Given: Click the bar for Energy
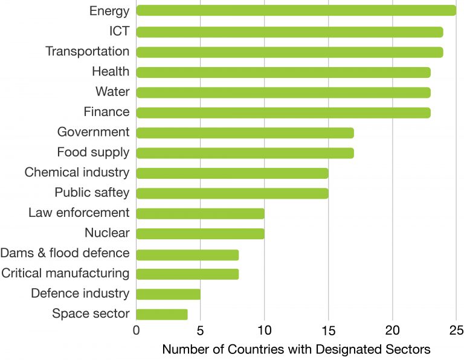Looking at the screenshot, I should pos(296,10).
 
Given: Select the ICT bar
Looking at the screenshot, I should pos(289,31).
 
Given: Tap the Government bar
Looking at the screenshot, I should pos(245,132).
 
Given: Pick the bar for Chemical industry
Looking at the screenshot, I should pos(232,173).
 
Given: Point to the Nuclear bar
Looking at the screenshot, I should pos(200,234).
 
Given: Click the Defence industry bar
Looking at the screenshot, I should pos(168,294).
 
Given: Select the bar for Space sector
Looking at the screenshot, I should pos(162,314).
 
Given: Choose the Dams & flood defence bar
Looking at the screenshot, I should pos(187,254).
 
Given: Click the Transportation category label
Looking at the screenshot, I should pos(88,51).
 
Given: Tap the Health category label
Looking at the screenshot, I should pos(111,72).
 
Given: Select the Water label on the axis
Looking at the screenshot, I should pos(112,92).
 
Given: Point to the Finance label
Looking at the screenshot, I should pos(106,112).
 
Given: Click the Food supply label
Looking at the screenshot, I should pos(93,152).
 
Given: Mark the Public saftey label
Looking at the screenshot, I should pos(92,193).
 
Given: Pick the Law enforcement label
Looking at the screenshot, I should pos(79,213).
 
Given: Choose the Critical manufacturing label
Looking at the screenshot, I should pos(65,273).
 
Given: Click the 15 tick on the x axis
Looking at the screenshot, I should pos(328,330).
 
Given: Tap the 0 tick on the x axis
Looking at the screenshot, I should pos(137,330).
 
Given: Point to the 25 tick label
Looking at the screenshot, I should pos(456,330).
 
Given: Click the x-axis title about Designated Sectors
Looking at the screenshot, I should pos(296,349).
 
